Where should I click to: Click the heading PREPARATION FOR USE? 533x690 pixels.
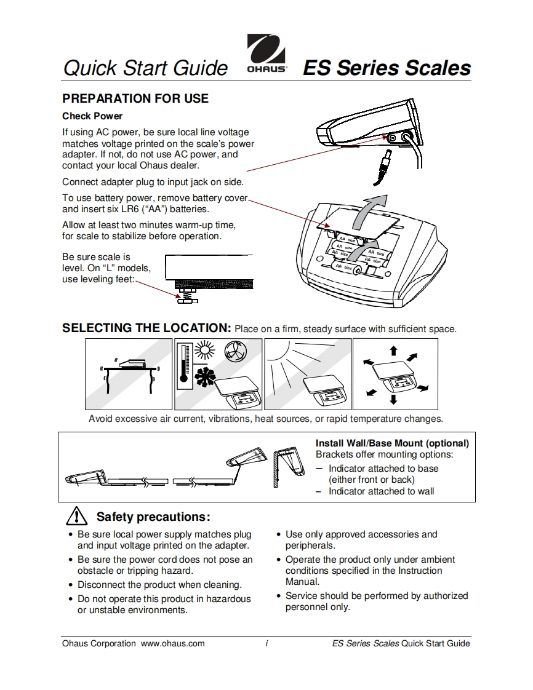pyautogui.click(x=135, y=98)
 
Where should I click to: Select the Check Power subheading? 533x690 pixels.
pyautogui.click(x=92, y=116)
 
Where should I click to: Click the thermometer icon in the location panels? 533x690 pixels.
pyautogui.click(x=183, y=365)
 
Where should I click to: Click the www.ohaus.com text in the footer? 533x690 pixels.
pyautogui.click(x=173, y=643)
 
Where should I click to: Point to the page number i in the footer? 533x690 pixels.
pyautogui.click(x=266, y=643)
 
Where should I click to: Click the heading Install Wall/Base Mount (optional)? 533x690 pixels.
pyautogui.click(x=392, y=443)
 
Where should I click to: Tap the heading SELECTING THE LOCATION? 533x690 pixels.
pyautogui.click(x=146, y=328)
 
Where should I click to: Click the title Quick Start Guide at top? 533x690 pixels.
pyautogui.click(x=145, y=68)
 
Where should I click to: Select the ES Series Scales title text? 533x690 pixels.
pyautogui.click(x=387, y=68)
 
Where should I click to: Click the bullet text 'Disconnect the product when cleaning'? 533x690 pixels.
pyautogui.click(x=159, y=585)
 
